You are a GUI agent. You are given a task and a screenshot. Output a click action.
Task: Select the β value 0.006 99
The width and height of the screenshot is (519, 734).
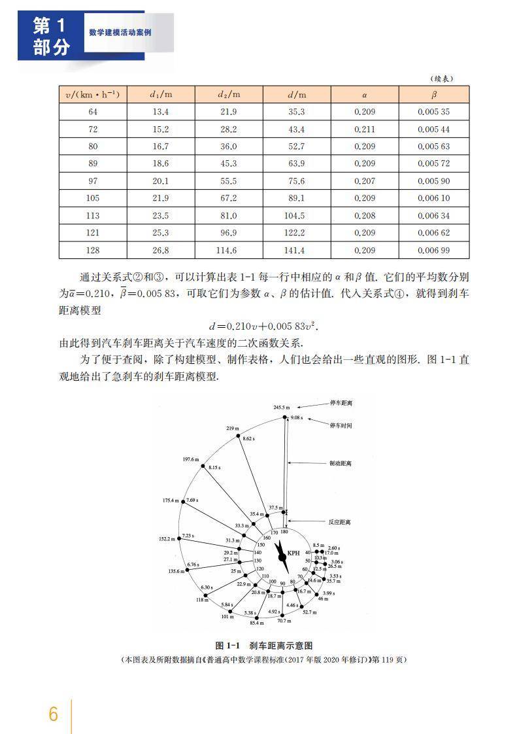point(433,251)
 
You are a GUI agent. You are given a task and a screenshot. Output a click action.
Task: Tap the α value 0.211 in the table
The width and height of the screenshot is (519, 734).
point(364,130)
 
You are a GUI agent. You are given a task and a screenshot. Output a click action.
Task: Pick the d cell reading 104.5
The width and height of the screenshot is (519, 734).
point(296,216)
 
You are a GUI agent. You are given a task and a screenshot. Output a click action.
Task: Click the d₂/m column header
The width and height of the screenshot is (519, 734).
point(229,94)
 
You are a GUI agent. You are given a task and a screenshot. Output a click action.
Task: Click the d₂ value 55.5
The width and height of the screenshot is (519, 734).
point(229,181)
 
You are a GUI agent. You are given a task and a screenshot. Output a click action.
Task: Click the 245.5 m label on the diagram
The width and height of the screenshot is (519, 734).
point(281,408)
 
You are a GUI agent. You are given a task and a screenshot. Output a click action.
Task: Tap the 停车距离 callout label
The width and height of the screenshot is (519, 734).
point(341,403)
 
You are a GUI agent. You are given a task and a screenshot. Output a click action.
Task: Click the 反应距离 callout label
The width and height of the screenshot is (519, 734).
point(340,522)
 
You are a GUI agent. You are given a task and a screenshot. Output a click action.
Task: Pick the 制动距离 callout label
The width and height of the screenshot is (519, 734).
point(340,463)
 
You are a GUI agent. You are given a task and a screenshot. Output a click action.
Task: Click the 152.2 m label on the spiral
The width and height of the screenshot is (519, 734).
point(167,539)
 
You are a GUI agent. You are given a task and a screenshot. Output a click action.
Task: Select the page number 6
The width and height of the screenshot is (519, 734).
point(54,713)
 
